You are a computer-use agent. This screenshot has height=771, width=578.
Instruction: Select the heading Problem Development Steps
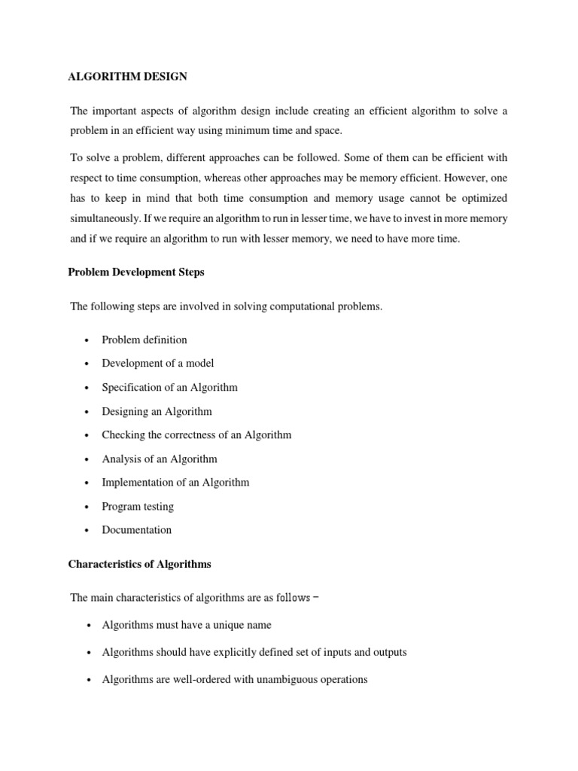point(136,272)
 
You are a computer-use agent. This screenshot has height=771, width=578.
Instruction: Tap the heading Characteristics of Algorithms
point(139,564)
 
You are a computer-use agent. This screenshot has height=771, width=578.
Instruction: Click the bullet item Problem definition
point(144,340)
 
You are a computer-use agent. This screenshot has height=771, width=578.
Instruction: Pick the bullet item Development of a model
point(158,363)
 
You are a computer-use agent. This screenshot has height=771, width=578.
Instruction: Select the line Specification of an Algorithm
point(169,387)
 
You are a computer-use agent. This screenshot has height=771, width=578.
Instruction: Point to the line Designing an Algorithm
point(157,411)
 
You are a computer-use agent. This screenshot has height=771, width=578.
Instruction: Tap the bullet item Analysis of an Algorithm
point(160,459)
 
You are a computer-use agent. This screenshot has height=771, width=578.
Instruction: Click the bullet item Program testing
point(138,506)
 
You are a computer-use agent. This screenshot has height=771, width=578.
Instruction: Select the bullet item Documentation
point(137,529)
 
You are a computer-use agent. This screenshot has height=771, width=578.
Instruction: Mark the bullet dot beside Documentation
point(88,530)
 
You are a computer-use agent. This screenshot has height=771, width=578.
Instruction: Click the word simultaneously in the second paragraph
point(105,218)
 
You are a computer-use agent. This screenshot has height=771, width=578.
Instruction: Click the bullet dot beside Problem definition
point(88,340)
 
